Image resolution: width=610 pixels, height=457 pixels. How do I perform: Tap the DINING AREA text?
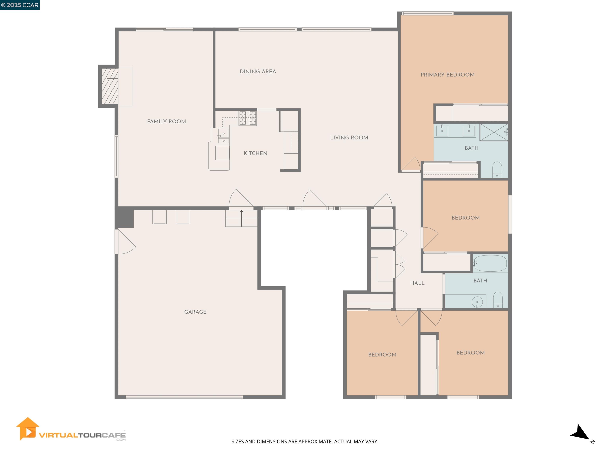[x=258, y=72]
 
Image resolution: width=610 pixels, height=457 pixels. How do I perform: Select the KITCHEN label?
[x=255, y=154]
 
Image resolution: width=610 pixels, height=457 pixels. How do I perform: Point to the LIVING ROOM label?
[x=349, y=138]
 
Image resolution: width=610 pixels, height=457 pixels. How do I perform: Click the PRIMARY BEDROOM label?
[x=447, y=75]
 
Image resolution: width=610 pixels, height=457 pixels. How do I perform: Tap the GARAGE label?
[x=195, y=312]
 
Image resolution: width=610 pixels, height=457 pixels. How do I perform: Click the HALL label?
[x=417, y=283]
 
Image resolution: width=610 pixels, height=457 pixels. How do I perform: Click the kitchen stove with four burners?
[x=247, y=118]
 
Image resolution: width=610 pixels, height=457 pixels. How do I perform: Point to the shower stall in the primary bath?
[x=493, y=132]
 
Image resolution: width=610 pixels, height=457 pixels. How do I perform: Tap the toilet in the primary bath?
[x=497, y=169]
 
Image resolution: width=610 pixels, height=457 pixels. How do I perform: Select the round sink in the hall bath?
[x=477, y=302]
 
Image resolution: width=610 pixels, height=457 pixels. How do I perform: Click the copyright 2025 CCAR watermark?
[x=20, y=5]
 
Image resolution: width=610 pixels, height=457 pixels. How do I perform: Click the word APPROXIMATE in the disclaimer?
[x=315, y=442]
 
